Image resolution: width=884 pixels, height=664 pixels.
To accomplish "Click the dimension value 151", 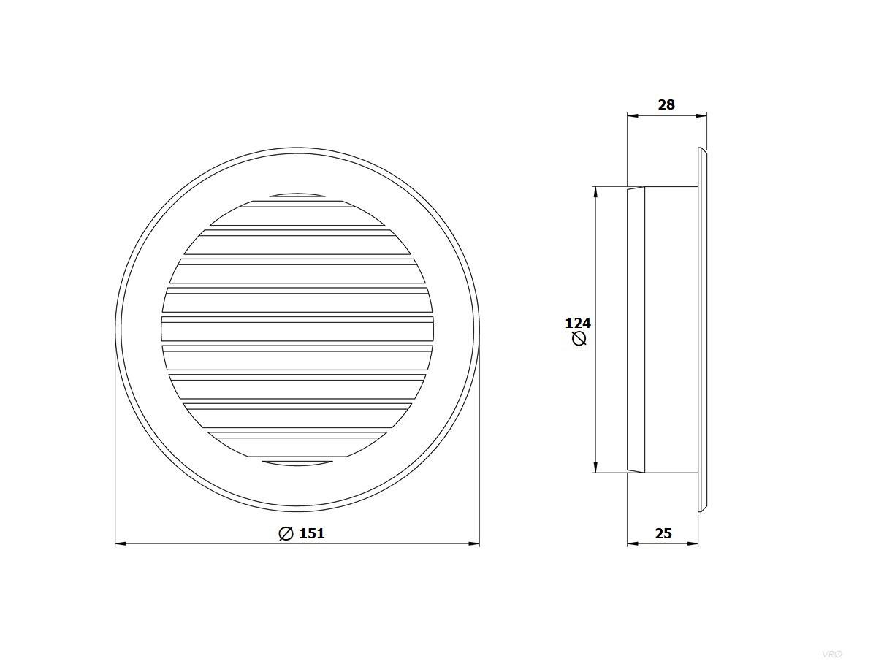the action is [x=312, y=533].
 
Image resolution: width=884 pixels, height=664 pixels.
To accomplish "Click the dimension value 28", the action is [x=666, y=104].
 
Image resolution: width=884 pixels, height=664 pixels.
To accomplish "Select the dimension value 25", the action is [x=663, y=533].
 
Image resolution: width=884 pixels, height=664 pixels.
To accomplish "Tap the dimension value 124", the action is [x=578, y=323].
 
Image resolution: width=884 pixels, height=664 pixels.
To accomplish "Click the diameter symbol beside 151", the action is [x=286, y=533].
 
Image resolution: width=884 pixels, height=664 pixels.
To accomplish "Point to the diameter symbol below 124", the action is [x=579, y=339].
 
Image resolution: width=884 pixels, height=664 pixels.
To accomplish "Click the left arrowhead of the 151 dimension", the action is [x=121, y=544].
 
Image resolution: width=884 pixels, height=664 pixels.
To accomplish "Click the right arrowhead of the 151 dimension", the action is [x=474, y=544].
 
